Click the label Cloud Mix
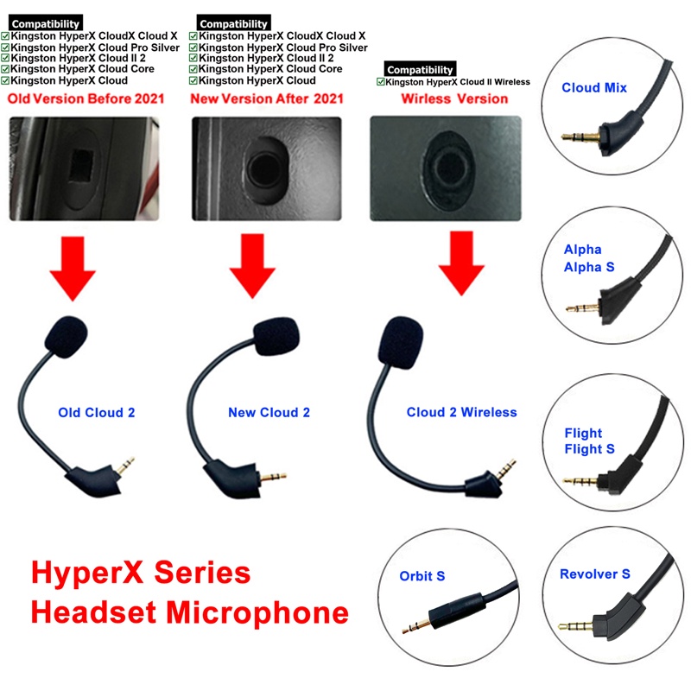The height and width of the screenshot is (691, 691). click(x=594, y=88)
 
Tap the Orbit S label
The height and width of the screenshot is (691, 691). click(x=422, y=576)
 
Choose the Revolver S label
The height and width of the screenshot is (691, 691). click(x=594, y=574)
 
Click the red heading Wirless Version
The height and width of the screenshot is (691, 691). click(x=454, y=99)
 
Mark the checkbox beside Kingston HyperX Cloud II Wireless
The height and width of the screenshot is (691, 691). click(x=381, y=82)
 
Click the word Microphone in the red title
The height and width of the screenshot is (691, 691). click(x=257, y=612)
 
